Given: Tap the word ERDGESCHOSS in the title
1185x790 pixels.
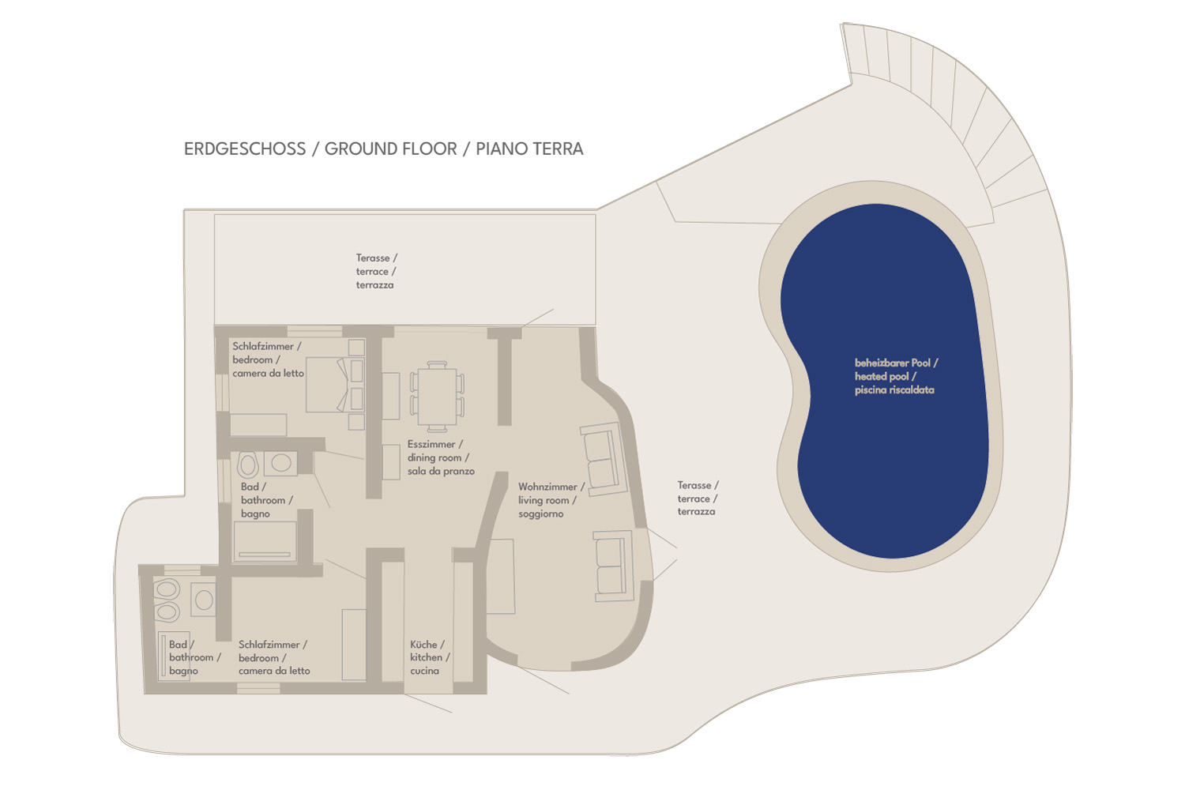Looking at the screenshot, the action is pyautogui.click(x=245, y=149).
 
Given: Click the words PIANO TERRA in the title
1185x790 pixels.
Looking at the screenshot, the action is pyautogui.click(x=529, y=149).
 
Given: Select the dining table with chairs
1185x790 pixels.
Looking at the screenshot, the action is pyautogui.click(x=437, y=397).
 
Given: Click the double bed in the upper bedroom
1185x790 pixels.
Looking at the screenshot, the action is pyautogui.click(x=335, y=384).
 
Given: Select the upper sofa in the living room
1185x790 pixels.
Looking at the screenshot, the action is pyautogui.click(x=604, y=459).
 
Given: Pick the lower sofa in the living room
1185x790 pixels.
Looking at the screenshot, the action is pyautogui.click(x=614, y=566).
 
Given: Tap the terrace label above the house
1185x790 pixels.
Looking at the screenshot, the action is pyautogui.click(x=376, y=272).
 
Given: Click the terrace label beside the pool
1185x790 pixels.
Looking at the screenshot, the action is pyautogui.click(x=698, y=498).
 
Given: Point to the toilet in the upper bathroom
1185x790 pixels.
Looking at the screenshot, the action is pyautogui.click(x=247, y=464).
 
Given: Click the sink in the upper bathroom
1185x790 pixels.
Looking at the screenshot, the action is pyautogui.click(x=280, y=463).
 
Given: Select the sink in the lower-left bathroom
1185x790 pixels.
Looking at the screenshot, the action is pyautogui.click(x=204, y=600).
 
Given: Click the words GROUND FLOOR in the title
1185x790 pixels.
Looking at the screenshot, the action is pyautogui.click(x=390, y=149).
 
